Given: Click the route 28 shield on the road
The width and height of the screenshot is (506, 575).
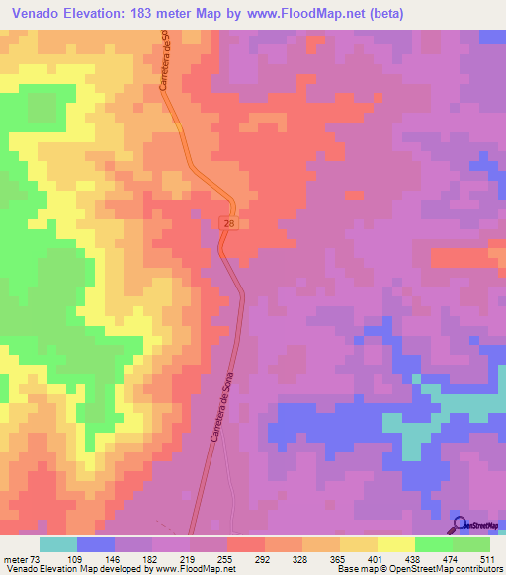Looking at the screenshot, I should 229,225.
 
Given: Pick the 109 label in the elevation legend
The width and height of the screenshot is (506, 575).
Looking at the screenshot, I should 76,558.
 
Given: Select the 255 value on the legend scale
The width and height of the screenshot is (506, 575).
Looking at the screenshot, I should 226,558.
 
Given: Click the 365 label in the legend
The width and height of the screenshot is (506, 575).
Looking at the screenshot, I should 339,558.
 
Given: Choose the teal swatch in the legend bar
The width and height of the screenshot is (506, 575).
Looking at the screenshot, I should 57,544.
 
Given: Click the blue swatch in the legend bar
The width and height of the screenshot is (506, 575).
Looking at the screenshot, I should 95,544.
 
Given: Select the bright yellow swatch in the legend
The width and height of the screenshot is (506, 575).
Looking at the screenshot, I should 395,544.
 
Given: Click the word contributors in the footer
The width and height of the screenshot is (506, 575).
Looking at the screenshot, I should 478,569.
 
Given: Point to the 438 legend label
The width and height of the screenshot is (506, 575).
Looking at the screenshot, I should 414,558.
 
